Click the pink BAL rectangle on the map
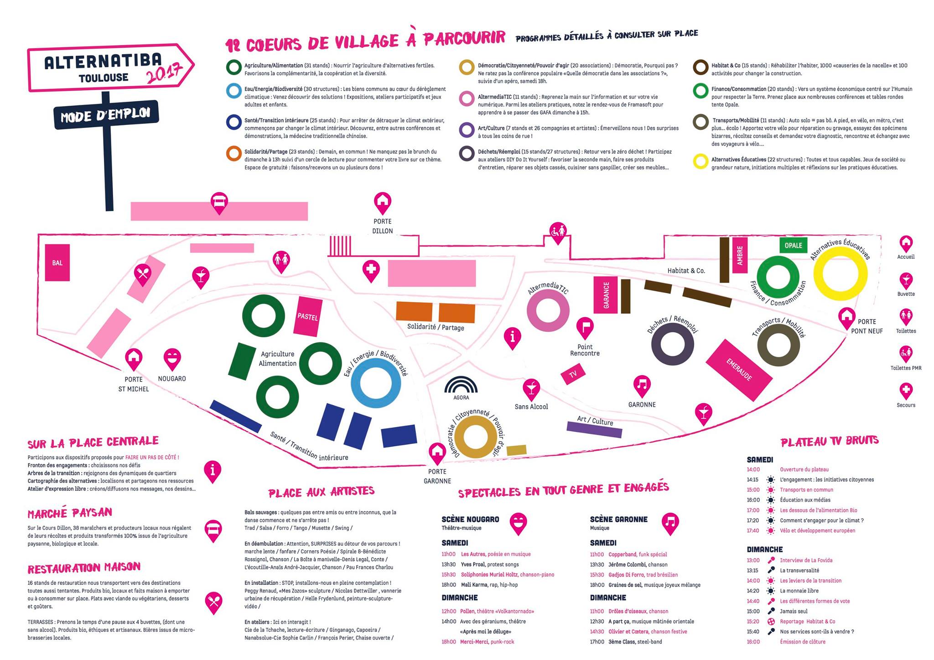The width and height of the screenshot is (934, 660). (57, 263)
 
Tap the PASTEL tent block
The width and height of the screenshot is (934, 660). (307, 316)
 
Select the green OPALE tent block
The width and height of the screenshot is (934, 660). (793, 245)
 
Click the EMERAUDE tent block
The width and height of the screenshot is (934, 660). (739, 370)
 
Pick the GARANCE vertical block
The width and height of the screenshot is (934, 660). (606, 295)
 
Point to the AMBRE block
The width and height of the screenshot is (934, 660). (739, 256)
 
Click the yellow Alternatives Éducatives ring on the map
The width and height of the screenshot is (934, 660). (840, 273)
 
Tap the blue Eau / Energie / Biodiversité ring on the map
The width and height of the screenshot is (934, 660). (375, 382)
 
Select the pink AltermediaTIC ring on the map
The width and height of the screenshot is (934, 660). (548, 310)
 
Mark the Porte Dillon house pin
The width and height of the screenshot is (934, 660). (382, 201)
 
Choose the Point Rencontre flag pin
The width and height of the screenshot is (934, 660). (585, 327)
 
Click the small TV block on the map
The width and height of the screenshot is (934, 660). (573, 374)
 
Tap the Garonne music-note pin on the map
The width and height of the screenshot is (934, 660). (642, 385)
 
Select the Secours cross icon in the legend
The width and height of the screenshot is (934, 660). (906, 391)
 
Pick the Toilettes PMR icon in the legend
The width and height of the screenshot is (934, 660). (906, 354)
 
